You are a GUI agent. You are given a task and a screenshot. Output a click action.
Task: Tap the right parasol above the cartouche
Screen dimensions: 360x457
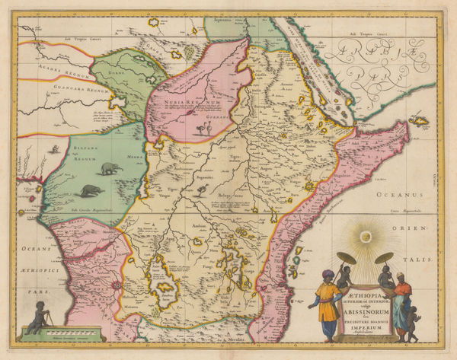coord(384,258)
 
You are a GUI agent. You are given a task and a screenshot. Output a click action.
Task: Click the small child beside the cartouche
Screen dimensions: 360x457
coord(411,325)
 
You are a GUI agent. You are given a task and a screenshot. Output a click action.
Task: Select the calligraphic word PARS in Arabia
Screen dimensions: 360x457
coord(374,77)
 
